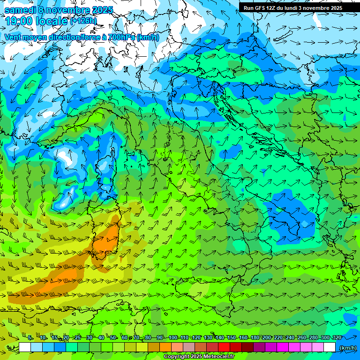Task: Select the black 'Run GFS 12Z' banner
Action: (x=292, y=7)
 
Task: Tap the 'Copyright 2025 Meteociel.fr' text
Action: (x=199, y=357)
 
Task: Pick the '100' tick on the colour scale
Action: (x=172, y=337)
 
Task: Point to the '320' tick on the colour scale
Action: (x=337, y=337)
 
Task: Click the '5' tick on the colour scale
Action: (x=30, y=337)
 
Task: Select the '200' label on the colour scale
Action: (x=266, y=337)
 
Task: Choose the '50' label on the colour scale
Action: (x=113, y=337)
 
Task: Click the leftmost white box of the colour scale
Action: (x=25, y=347)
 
